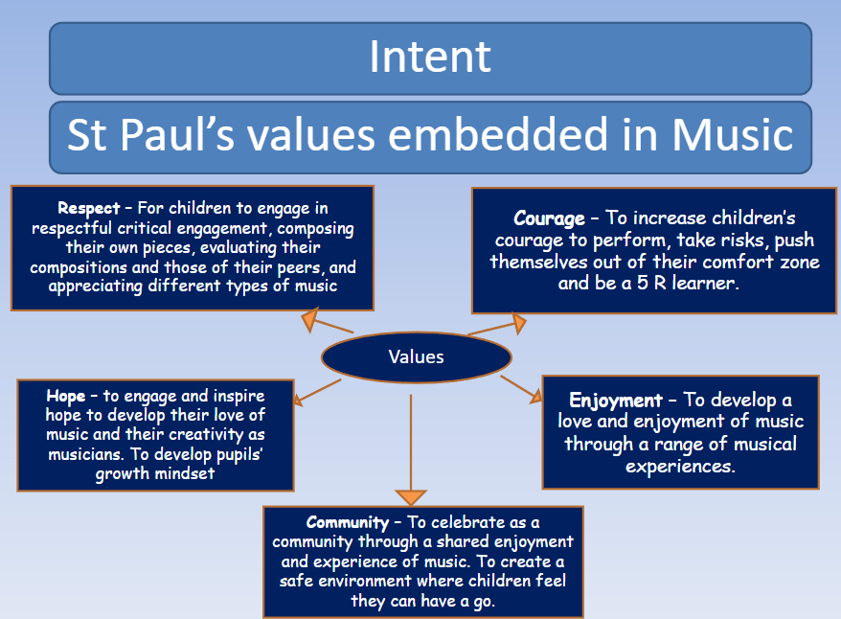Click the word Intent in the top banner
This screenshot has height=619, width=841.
(430, 57)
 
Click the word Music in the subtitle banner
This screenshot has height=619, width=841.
(733, 134)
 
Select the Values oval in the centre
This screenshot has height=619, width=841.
(417, 357)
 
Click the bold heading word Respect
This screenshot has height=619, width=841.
(88, 209)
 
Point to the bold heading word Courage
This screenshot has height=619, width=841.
(549, 218)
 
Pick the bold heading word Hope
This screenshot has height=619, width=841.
(65, 397)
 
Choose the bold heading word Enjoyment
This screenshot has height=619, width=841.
(616, 401)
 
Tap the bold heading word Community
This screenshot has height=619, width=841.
(348, 522)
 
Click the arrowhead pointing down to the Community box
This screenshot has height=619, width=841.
(411, 497)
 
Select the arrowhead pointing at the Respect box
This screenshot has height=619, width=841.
(310, 320)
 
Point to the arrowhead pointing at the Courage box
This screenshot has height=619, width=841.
(518, 324)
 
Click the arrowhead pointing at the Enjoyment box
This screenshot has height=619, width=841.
(535, 397)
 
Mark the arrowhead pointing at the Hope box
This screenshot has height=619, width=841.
(298, 401)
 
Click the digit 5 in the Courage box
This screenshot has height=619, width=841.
(643, 284)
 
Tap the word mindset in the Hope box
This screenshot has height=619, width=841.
(185, 473)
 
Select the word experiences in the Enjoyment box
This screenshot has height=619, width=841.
(680, 467)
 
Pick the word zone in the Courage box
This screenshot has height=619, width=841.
(800, 263)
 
